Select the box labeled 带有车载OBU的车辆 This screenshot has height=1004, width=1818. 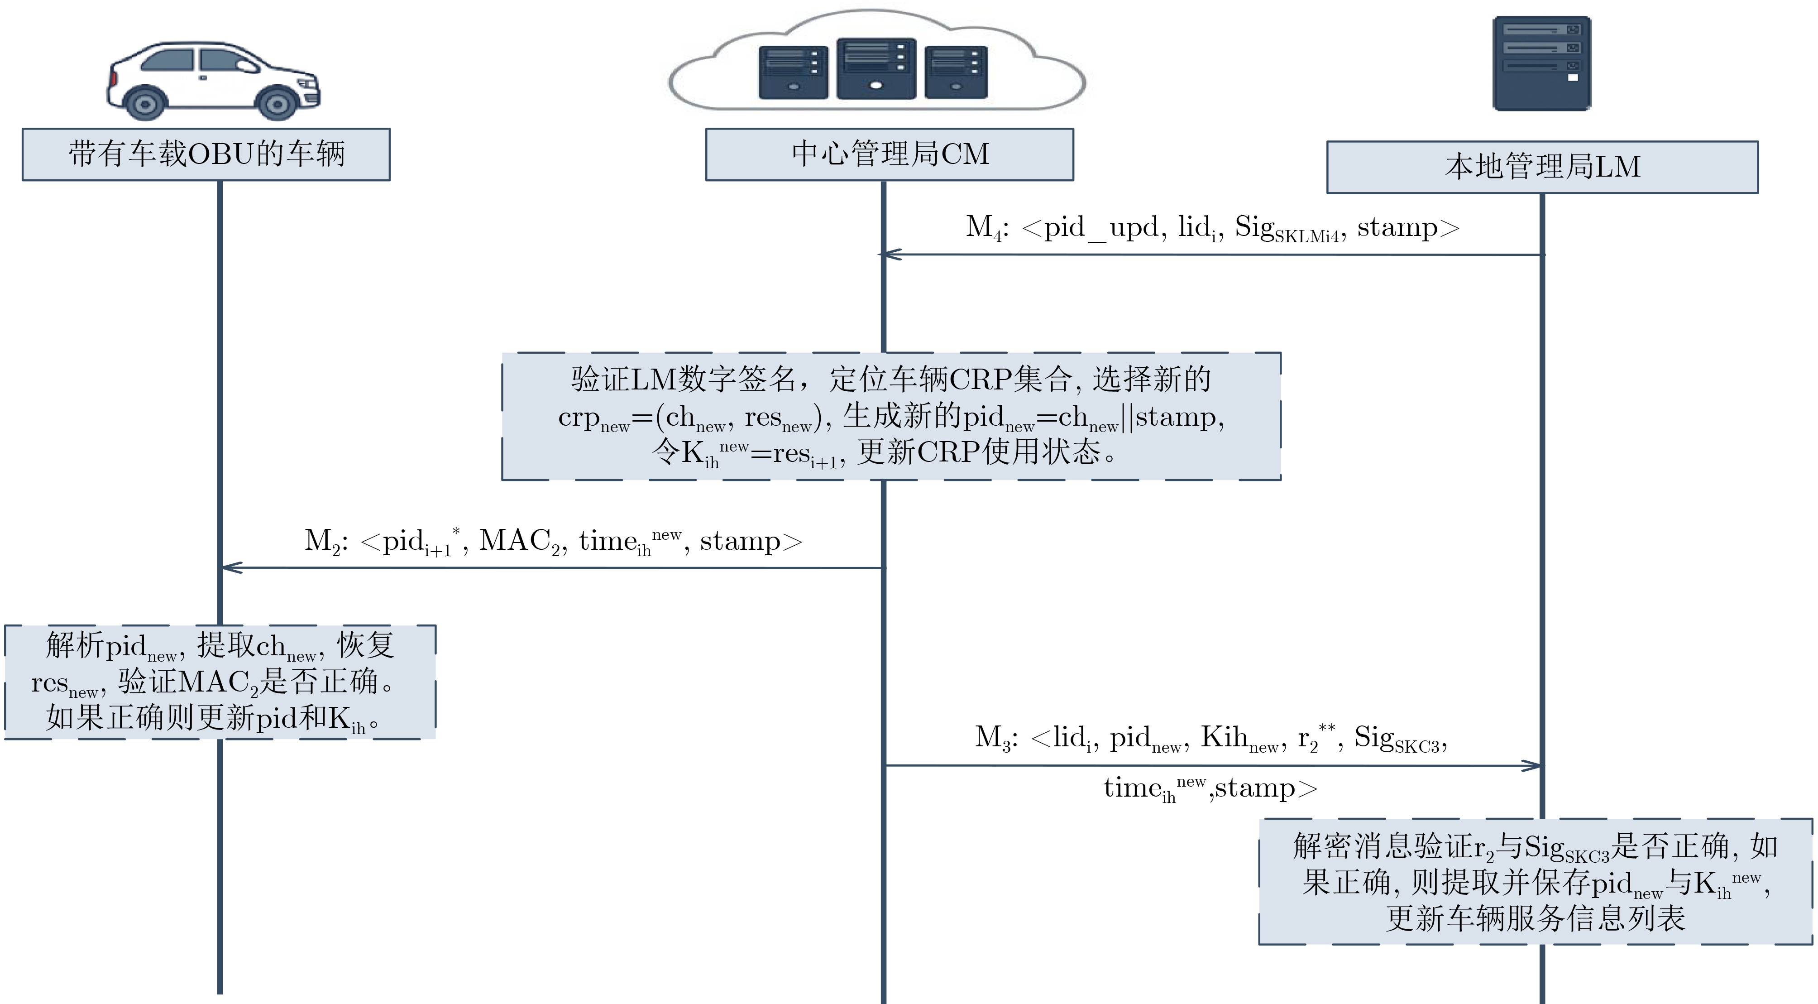pos(206,154)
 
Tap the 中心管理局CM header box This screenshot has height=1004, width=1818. pos(889,154)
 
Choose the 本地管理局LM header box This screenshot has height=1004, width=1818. pos(1542,167)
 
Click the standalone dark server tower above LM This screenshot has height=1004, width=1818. pos(1542,63)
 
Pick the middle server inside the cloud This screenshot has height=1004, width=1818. pos(876,68)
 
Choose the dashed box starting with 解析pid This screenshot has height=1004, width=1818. pos(220,682)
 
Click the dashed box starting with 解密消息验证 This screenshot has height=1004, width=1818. pos(1536,881)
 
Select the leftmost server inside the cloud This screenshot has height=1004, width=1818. pos(793,72)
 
